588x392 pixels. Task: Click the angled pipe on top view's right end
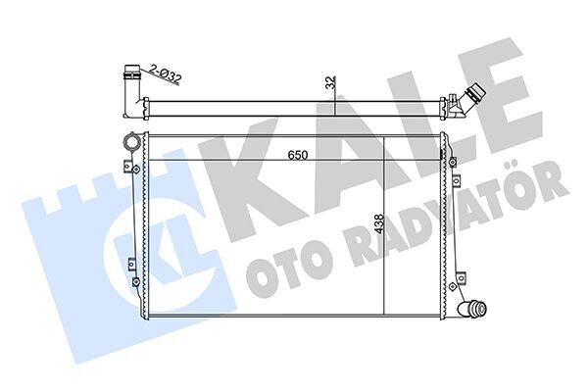point(469,102)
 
